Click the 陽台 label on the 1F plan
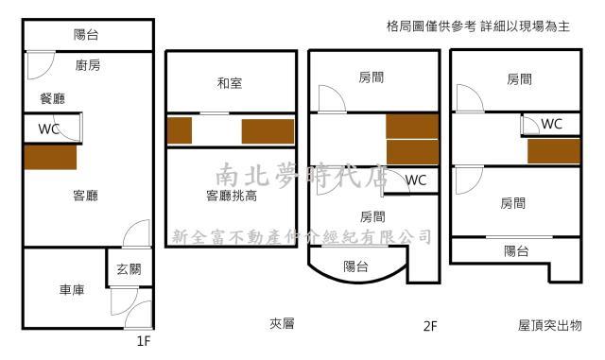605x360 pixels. coord(86,35)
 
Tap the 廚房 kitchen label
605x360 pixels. coord(87,65)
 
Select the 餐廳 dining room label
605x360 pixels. coord(52,98)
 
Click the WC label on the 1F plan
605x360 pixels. coord(49,129)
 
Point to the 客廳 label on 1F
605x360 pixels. coord(86,196)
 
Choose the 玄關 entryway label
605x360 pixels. coord(129,269)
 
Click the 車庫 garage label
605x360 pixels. coord(71,290)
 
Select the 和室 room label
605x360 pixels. coord(230,83)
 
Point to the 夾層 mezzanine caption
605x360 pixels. coord(282,324)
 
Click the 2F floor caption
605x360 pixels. coord(430,326)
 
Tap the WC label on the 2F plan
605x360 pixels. coord(416,180)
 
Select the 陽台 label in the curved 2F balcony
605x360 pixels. coord(356,266)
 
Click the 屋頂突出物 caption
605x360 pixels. coord(549,324)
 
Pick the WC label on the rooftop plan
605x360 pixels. coord(551,124)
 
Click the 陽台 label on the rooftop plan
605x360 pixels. coord(516,250)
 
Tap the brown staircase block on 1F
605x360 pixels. coord(50,157)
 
